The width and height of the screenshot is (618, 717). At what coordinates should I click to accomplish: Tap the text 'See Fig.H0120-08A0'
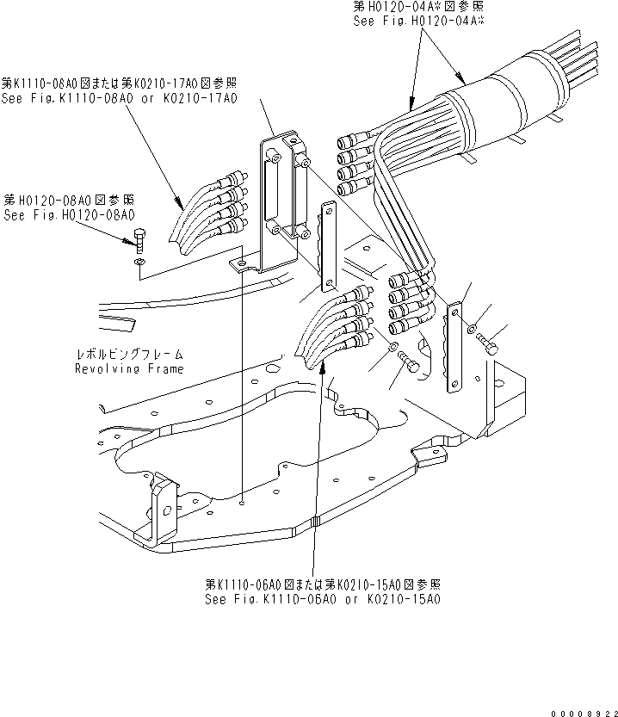(x=68, y=215)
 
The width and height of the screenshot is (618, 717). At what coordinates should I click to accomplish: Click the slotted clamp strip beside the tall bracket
(x=330, y=245)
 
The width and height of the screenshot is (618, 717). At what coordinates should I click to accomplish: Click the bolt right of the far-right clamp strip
(x=491, y=345)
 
